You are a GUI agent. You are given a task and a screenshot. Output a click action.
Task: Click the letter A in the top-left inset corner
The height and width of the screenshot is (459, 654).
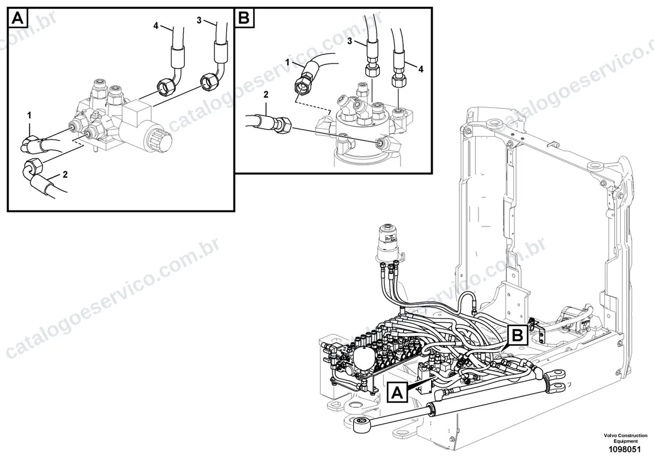pyautogui.click(x=17, y=18)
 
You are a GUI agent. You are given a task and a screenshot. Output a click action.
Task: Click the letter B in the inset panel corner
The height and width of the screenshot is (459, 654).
pyautogui.click(x=244, y=18)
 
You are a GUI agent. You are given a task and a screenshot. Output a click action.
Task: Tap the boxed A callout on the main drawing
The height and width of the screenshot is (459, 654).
pyautogui.click(x=397, y=393)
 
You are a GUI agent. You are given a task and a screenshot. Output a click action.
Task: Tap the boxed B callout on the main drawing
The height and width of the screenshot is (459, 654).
pyautogui.click(x=518, y=335)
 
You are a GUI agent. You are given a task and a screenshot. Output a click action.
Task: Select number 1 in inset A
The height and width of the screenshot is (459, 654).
pyautogui.click(x=29, y=116)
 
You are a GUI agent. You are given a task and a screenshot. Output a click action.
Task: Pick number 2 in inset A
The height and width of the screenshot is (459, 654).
pyautogui.click(x=65, y=174)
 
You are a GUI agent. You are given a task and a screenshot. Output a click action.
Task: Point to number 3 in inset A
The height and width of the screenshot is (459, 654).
pyautogui.click(x=199, y=20)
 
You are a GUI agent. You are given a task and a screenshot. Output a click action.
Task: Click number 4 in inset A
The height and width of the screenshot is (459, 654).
pyautogui.click(x=156, y=26)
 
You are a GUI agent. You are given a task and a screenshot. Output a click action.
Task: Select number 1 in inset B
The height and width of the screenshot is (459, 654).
pyautogui.click(x=287, y=63)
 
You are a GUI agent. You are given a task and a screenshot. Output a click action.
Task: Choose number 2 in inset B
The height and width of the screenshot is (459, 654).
pyautogui.click(x=266, y=95)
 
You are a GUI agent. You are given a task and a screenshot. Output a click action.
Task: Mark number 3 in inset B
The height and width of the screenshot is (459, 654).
pyautogui.click(x=350, y=41)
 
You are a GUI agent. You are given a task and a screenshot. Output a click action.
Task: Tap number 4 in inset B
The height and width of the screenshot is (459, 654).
pyautogui.click(x=421, y=69)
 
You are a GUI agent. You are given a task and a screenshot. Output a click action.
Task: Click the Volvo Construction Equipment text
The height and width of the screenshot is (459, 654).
pyautogui.click(x=626, y=438)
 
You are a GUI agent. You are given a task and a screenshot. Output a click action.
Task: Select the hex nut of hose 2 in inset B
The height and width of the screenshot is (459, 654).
pyautogui.click(x=284, y=125)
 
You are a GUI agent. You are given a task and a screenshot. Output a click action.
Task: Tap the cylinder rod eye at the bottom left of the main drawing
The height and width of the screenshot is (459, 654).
pyautogui.click(x=362, y=425)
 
